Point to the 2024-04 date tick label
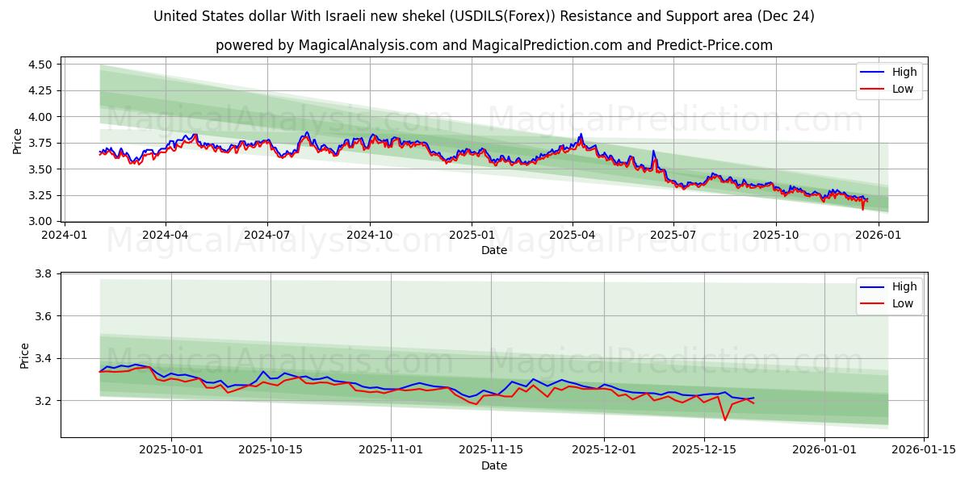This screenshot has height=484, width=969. pyautogui.click(x=166, y=236)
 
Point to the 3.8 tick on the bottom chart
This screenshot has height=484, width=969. pyautogui.click(x=44, y=274)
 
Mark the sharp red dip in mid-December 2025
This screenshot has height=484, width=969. pyautogui.click(x=724, y=419)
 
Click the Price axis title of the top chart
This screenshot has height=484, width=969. pyautogui.click(x=18, y=141)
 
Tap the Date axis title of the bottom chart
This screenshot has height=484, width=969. pyautogui.click(x=494, y=465)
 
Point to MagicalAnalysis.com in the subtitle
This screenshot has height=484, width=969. pyautogui.click(x=359, y=45)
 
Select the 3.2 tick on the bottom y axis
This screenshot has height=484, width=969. pyautogui.click(x=44, y=401)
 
